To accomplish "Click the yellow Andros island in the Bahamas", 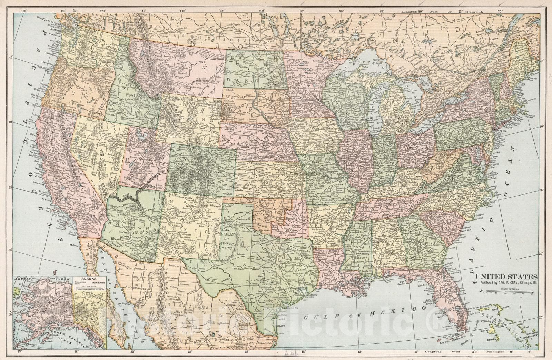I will [x=495, y=322].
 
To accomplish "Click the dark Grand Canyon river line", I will [x=131, y=198].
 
